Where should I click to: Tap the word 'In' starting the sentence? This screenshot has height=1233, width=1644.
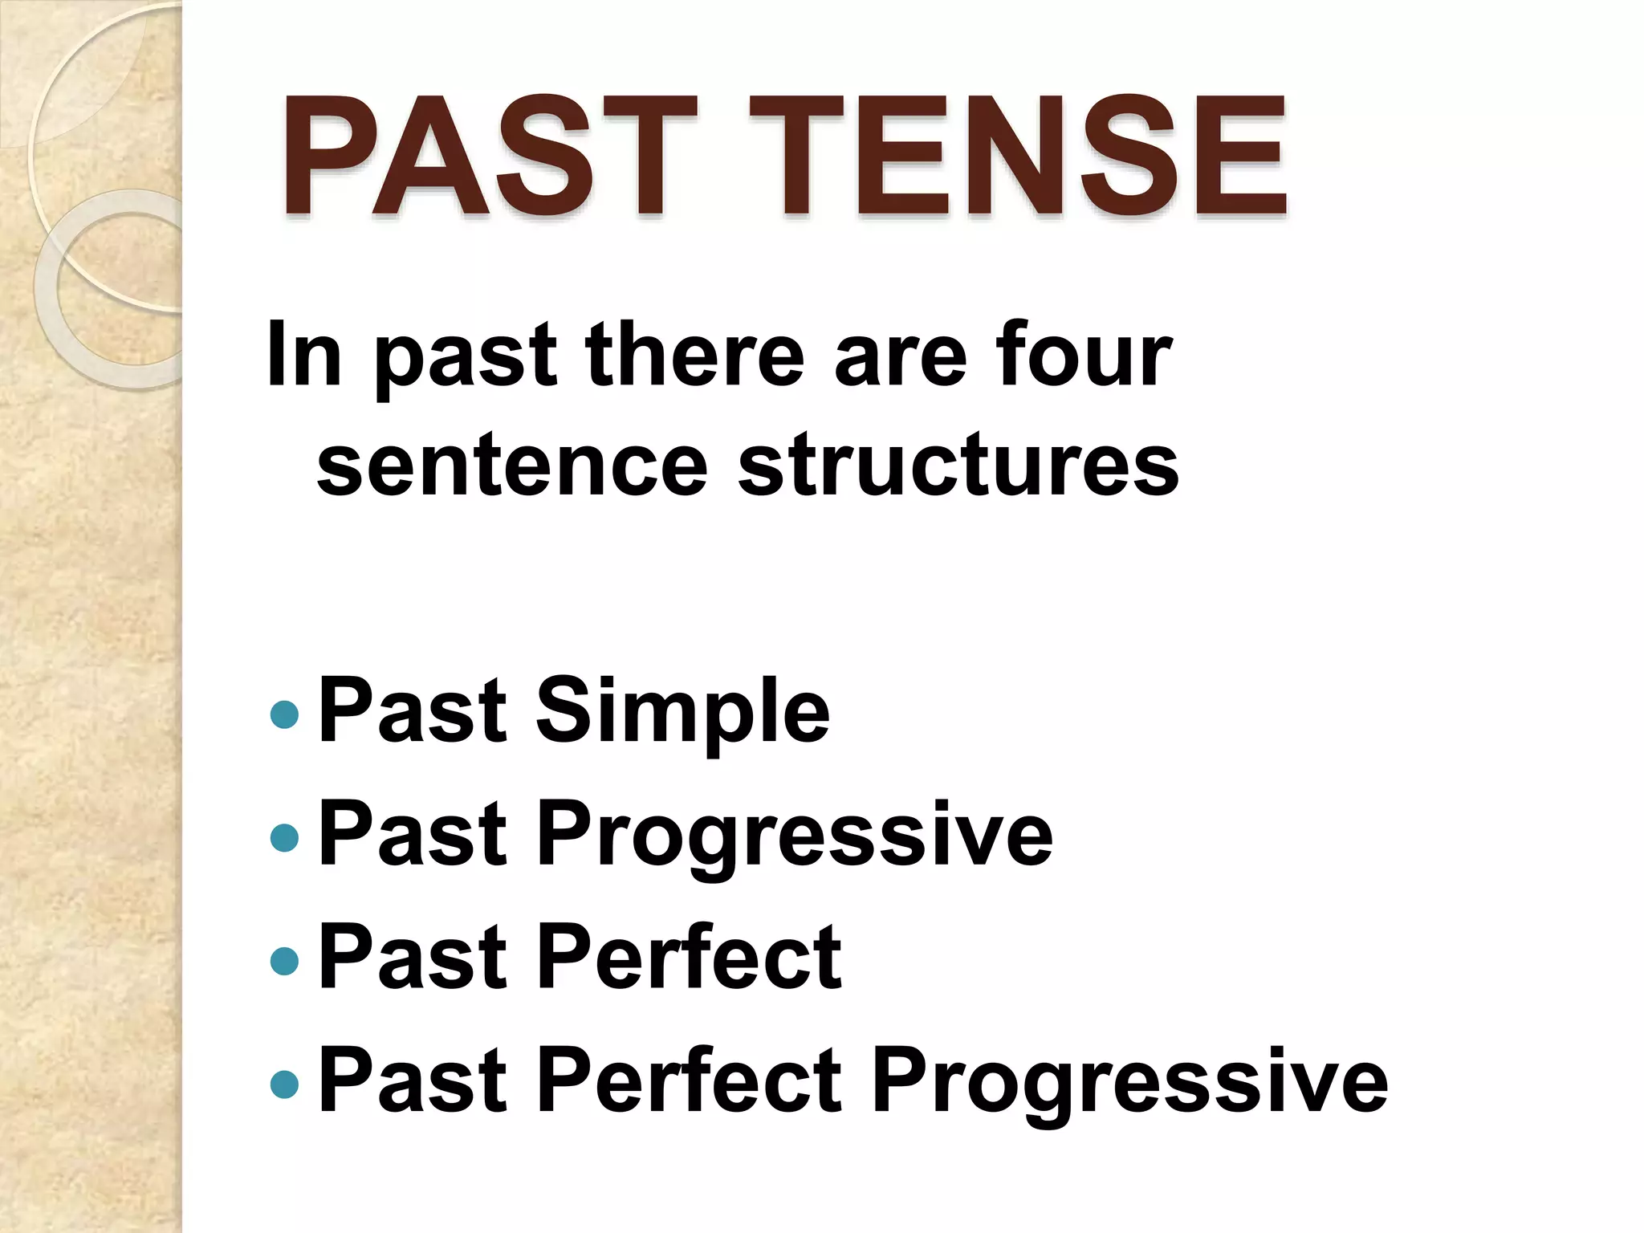click(304, 354)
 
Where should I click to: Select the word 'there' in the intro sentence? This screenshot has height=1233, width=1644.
click(694, 354)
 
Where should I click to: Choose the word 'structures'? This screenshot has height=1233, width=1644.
click(958, 466)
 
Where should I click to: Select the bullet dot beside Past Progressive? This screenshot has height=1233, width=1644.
click(285, 837)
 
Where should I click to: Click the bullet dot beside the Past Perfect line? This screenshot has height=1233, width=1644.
click(285, 960)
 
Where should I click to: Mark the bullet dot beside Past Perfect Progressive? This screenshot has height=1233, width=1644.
click(285, 1084)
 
